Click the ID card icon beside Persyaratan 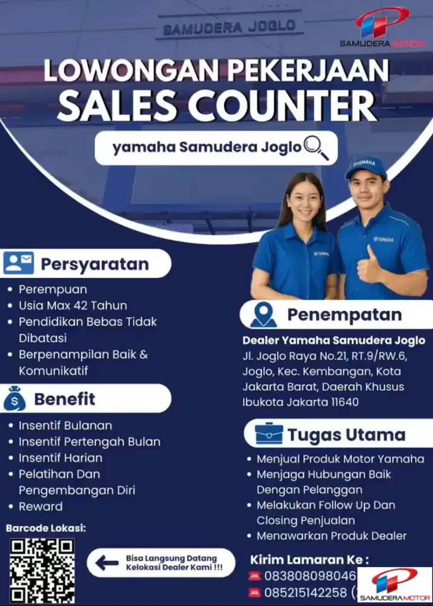(x=18, y=264)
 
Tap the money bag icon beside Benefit (x=15, y=399)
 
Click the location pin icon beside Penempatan (x=263, y=315)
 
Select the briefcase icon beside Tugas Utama (x=268, y=435)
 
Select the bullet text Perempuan (x=53, y=289)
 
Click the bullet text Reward (x=41, y=506)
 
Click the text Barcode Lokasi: (x=45, y=528)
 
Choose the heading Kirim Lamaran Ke (x=309, y=559)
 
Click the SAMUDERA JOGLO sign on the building (x=230, y=26)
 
